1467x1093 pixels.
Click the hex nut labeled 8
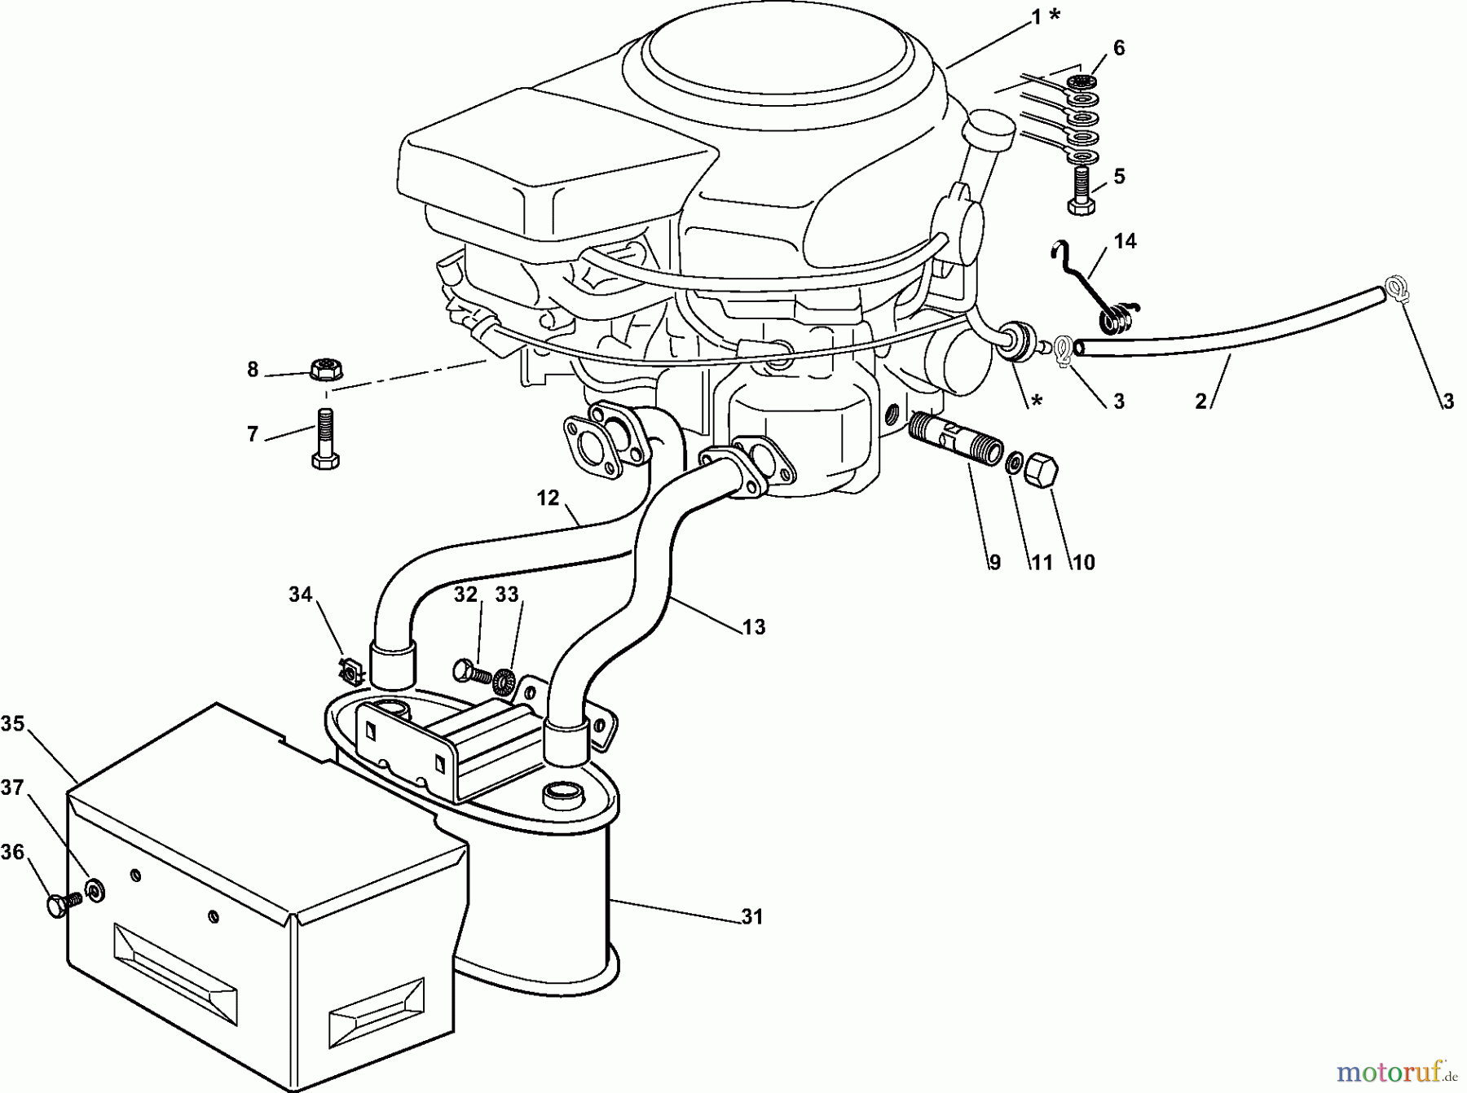click(326, 367)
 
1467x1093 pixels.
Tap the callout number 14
click(1125, 241)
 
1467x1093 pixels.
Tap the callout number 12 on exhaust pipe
click(548, 498)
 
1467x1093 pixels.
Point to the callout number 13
click(754, 627)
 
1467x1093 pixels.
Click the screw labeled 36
click(62, 904)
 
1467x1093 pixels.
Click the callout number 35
click(12, 723)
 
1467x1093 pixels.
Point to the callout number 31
click(751, 917)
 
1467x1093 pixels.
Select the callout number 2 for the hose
click(1200, 401)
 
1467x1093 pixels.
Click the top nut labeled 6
click(1081, 81)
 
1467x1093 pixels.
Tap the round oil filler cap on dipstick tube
click(988, 130)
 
